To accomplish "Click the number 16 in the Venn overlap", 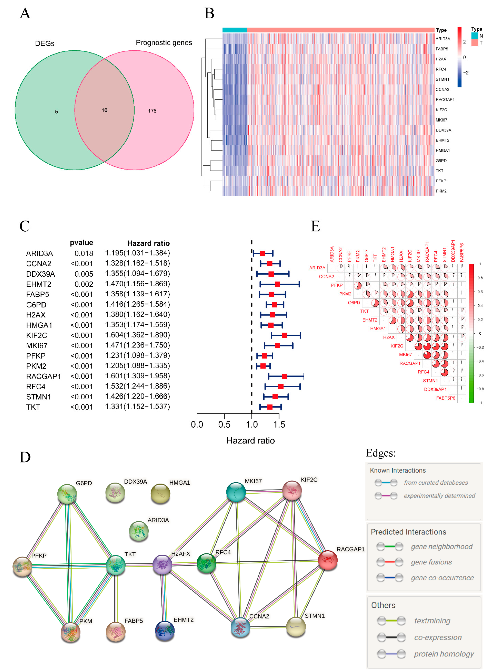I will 105,110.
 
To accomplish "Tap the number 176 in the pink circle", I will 152,111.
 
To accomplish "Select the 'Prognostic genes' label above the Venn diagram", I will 164,43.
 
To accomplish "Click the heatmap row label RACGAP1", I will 445,99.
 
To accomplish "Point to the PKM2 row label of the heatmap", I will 441,191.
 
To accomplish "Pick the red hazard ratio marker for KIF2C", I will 285,335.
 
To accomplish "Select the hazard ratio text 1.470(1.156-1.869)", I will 137,284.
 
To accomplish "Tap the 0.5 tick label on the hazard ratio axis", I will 224,425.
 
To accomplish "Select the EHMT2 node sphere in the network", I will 164,630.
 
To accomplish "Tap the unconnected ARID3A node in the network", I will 139,531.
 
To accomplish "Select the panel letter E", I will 315,226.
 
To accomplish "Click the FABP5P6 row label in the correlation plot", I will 446,398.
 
